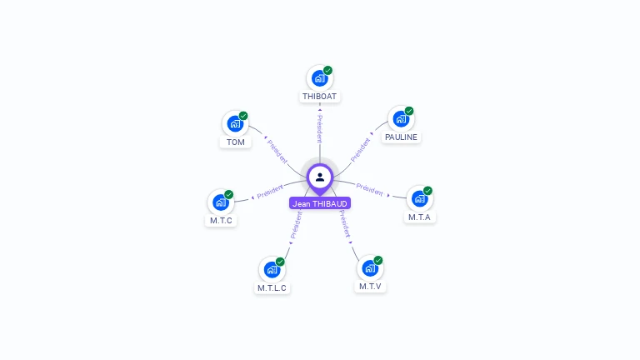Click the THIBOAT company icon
pyautogui.click(x=319, y=78)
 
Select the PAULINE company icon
pyautogui.click(x=401, y=119)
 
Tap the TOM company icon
pyautogui.click(x=235, y=124)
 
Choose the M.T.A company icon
pyautogui.click(x=419, y=198)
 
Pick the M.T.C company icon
pyautogui.click(x=221, y=202)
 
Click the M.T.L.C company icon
pyautogui.click(x=272, y=269)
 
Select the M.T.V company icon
pyautogui.click(x=370, y=268)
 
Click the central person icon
pyautogui.click(x=320, y=177)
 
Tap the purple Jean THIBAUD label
pyautogui.click(x=320, y=203)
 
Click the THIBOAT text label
pyautogui.click(x=320, y=97)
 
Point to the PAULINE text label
pyautogui.click(x=401, y=137)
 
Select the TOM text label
pyautogui.click(x=236, y=142)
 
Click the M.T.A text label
pyautogui.click(x=420, y=217)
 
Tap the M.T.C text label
pyautogui.click(x=221, y=221)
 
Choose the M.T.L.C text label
pyautogui.click(x=272, y=288)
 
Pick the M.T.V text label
pyautogui.click(x=371, y=287)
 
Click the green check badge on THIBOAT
pyautogui.click(x=328, y=70)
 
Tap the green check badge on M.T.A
pyautogui.click(x=428, y=190)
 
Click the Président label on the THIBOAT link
pyautogui.click(x=319, y=128)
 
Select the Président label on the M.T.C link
pyautogui.click(x=270, y=192)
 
